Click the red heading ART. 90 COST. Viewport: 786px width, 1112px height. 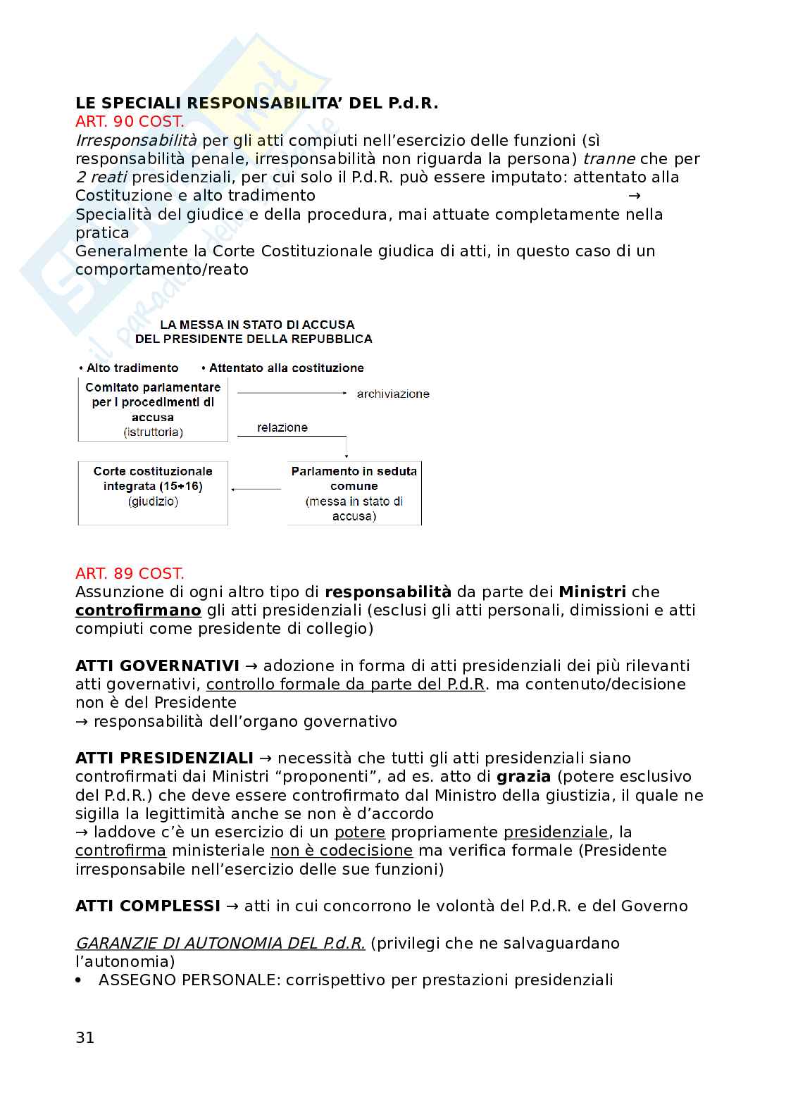pyautogui.click(x=130, y=122)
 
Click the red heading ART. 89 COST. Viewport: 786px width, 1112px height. pyautogui.click(x=130, y=573)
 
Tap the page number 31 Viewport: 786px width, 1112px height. pyautogui.click(x=85, y=1037)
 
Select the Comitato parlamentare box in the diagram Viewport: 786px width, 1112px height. pyautogui.click(x=153, y=409)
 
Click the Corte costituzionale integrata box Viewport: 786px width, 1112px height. pyautogui.click(x=153, y=492)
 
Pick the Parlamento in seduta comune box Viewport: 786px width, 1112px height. pyautogui.click(x=354, y=493)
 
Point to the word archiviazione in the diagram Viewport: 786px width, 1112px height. pyautogui.click(x=393, y=394)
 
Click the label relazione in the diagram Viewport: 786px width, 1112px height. pyautogui.click(x=282, y=427)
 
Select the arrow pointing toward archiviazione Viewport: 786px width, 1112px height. pyautogui.click(x=292, y=393)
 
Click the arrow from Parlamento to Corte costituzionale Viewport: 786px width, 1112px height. pyautogui.click(x=257, y=489)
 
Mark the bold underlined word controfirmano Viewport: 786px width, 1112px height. pyautogui.click(x=138, y=610)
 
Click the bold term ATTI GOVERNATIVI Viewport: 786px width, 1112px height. pyautogui.click(x=157, y=666)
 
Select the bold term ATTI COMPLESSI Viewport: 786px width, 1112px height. pyautogui.click(x=148, y=906)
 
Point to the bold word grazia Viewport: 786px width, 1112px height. pyautogui.click(x=523, y=777)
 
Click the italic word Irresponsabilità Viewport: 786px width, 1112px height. pyautogui.click(x=136, y=140)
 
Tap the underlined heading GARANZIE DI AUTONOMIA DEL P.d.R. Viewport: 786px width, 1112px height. pyautogui.click(x=220, y=943)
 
